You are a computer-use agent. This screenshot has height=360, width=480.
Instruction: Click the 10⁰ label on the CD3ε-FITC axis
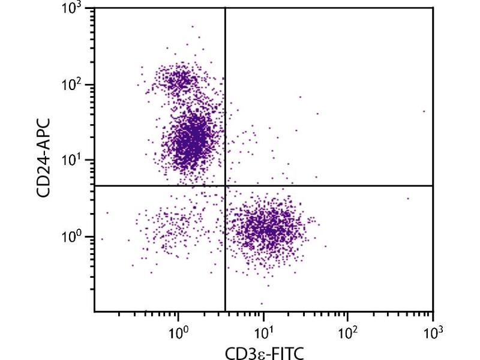click(x=178, y=329)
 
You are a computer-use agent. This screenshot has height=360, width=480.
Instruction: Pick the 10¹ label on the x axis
click(x=263, y=329)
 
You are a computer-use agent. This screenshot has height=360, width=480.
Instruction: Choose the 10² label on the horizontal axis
click(x=347, y=329)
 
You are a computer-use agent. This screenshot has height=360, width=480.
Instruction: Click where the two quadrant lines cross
click(x=225, y=186)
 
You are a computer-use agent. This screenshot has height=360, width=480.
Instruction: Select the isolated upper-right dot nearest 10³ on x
click(x=424, y=111)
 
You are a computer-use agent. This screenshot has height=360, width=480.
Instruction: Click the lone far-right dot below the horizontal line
click(x=408, y=199)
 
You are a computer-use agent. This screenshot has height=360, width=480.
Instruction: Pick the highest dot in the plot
click(x=193, y=26)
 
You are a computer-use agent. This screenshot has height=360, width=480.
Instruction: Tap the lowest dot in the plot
click(x=262, y=303)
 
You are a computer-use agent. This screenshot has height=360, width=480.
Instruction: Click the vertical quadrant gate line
click(x=225, y=96)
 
